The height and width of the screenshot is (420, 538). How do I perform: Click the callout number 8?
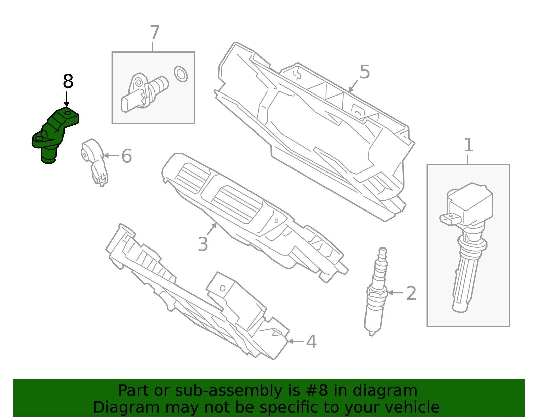coord(68,81)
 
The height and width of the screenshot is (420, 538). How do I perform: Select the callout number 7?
coord(154,32)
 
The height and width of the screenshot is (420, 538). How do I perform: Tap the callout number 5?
coord(364,72)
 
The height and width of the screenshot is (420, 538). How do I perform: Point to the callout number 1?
coord(468,145)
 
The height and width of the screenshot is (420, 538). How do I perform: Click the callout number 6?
coord(127,156)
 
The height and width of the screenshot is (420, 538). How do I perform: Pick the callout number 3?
coord(203,244)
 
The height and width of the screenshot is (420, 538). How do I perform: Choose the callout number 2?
coord(411,293)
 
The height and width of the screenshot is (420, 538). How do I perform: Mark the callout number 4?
coord(311,342)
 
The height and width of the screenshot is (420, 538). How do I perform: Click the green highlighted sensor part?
coord(55,135)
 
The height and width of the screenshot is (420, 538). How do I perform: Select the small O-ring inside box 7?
coord(181,74)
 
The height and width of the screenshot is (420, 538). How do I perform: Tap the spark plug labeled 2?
coord(376,291)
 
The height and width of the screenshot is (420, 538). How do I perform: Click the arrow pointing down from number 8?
coord(66,99)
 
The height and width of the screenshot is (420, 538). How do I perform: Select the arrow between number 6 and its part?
coord(111,156)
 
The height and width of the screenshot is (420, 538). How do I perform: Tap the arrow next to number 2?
coord(395,293)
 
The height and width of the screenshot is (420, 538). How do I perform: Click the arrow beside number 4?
coord(296,341)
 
